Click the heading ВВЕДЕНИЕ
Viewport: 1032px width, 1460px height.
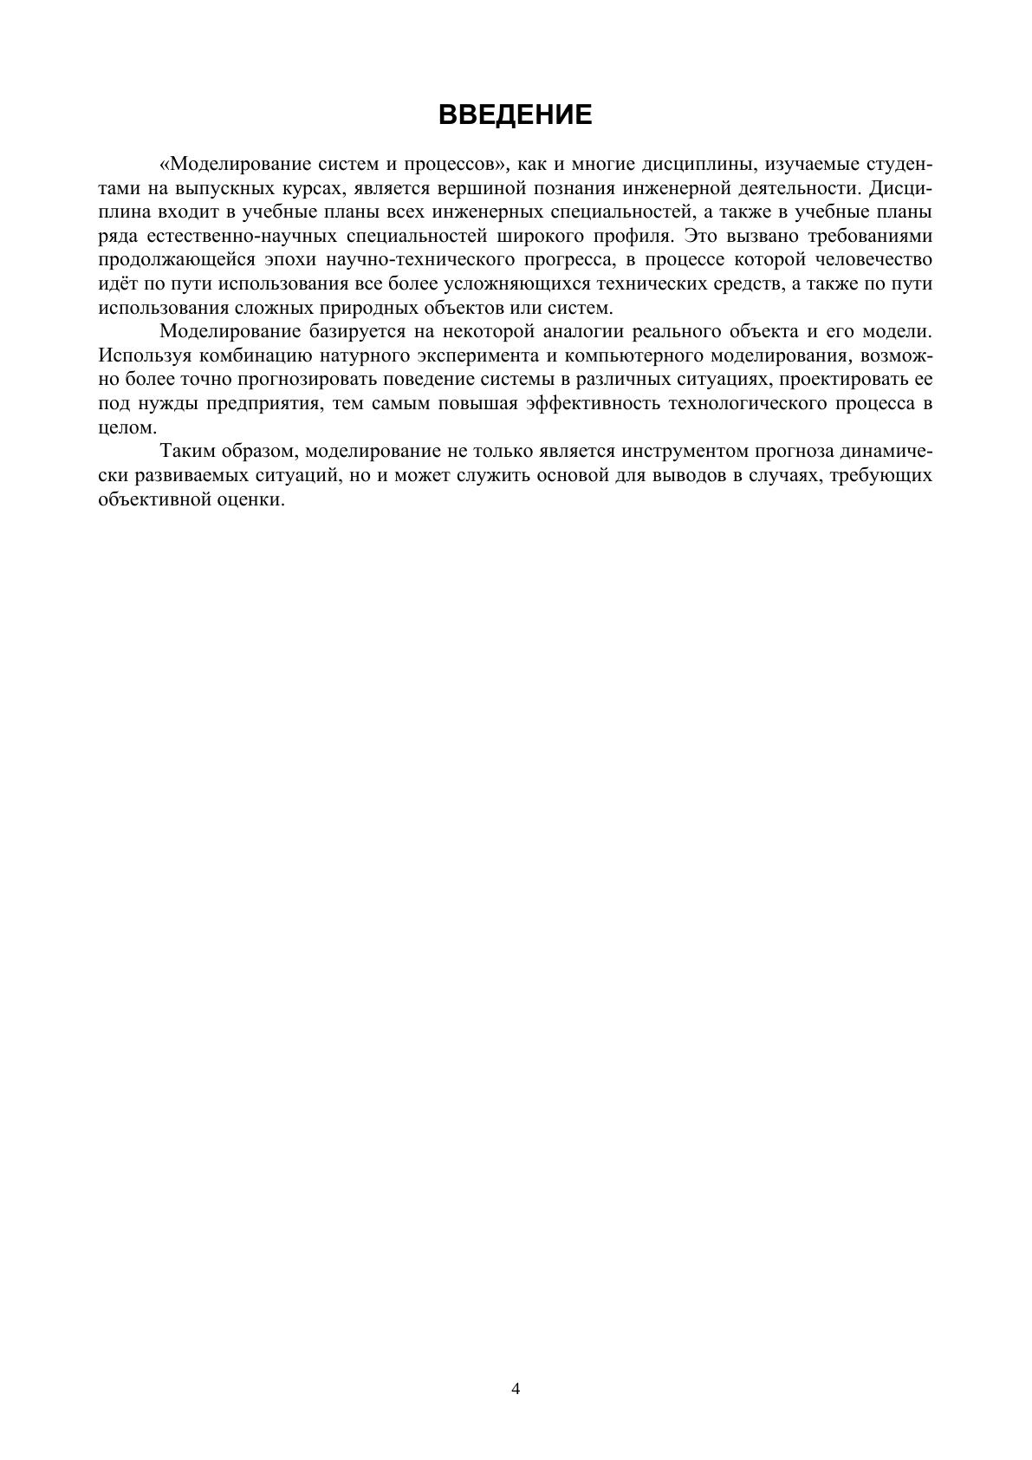[516, 114]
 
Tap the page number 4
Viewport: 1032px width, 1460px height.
[516, 1389]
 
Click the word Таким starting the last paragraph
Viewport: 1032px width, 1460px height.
[187, 452]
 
